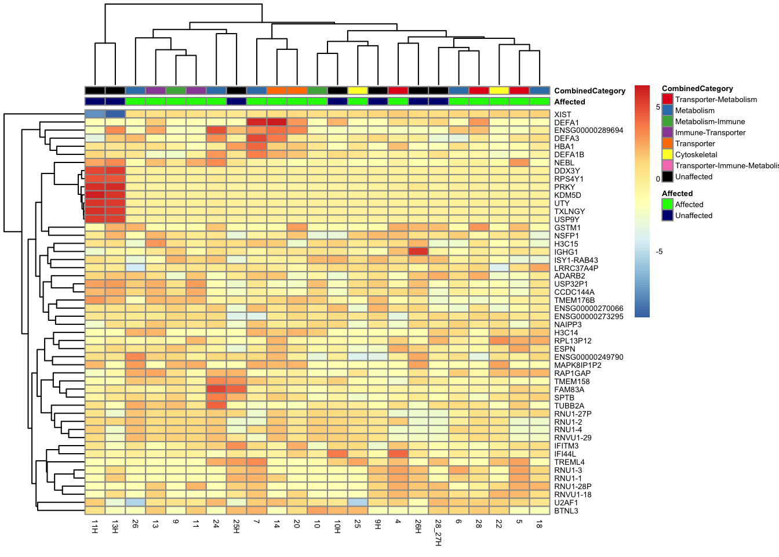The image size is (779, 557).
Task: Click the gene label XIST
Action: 562,114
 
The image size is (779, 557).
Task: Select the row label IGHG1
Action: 566,252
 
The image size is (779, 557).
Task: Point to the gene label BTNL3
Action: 566,511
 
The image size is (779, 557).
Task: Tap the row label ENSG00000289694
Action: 588,130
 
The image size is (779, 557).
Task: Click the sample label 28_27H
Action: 438,532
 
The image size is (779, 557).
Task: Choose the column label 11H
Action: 95,526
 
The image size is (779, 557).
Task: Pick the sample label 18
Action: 539,524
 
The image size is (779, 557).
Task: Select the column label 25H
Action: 236,526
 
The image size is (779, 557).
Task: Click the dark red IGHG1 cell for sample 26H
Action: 418,251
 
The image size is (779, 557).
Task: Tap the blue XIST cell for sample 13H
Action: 115,114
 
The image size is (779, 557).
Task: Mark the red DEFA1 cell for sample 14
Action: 277,122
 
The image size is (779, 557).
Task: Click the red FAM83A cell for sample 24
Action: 216,389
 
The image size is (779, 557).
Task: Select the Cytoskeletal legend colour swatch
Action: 668,154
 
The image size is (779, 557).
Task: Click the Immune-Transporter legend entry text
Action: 710,132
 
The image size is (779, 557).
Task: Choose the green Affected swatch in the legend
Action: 668,204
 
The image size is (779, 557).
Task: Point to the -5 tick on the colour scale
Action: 659,251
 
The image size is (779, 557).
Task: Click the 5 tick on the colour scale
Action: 658,107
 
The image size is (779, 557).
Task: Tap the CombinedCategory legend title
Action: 697,88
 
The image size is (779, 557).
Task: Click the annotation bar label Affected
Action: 569,102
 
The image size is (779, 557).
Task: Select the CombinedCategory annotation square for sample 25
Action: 358,91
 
